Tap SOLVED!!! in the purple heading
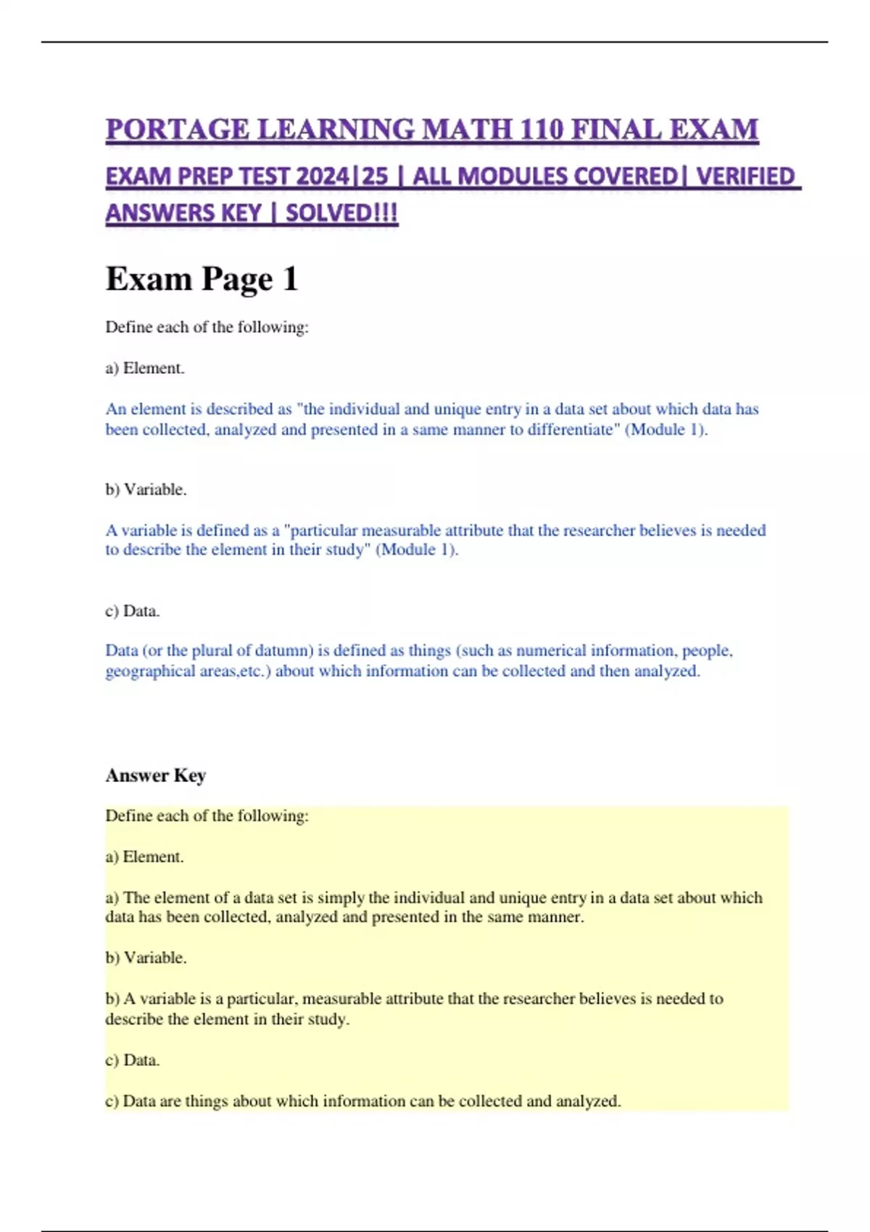pyautogui.click(x=342, y=214)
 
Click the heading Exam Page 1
pyautogui.click(x=202, y=279)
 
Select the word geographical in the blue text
pyautogui.click(x=148, y=671)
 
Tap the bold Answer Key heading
pyautogui.click(x=156, y=775)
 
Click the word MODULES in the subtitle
pyautogui.click(x=514, y=177)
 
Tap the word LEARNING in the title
pyautogui.click(x=336, y=130)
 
